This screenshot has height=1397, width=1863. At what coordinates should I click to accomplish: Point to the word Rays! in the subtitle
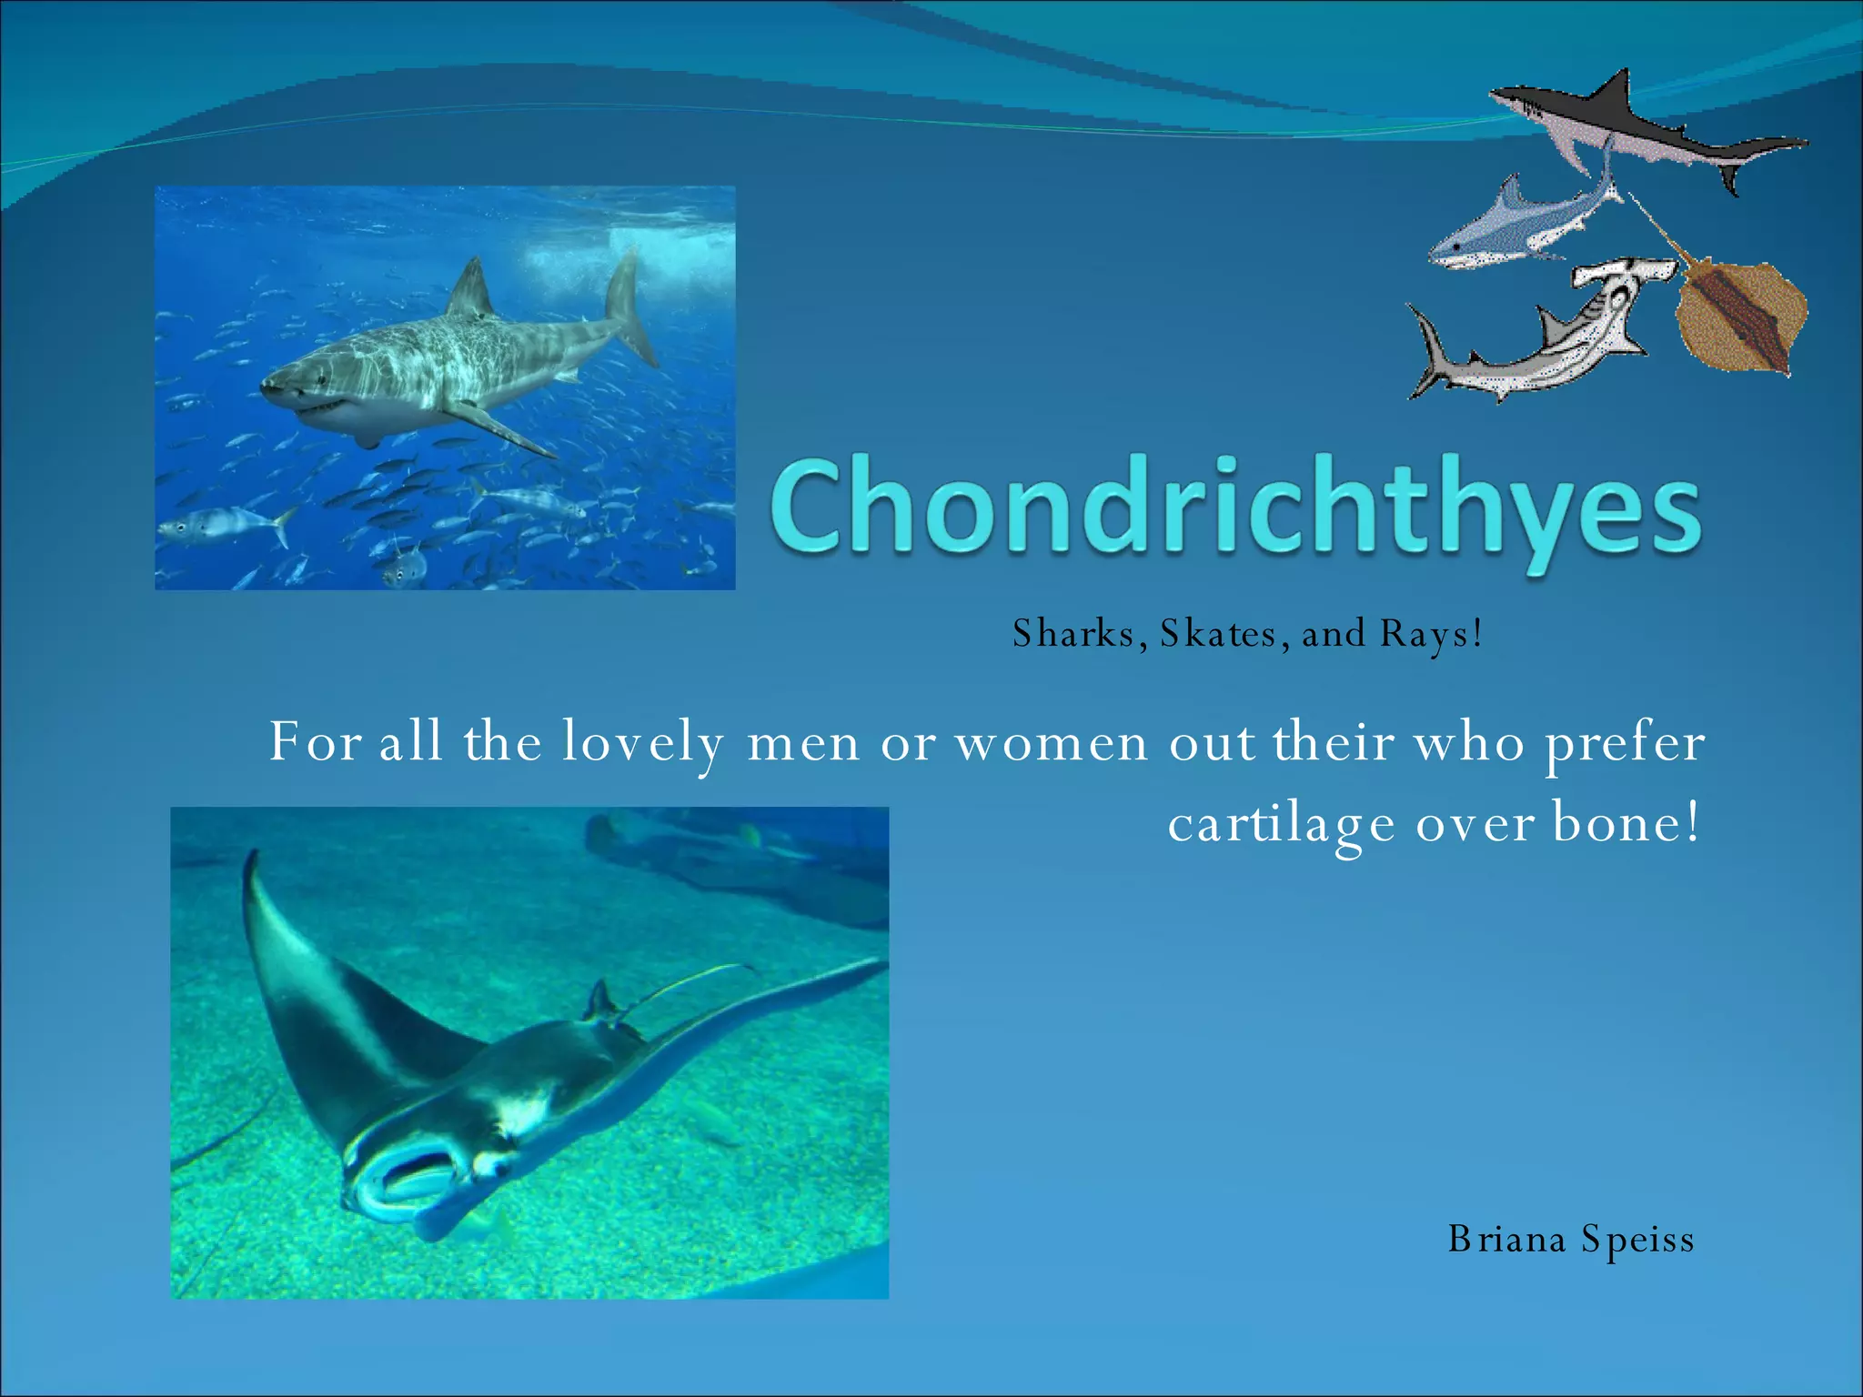tap(1430, 635)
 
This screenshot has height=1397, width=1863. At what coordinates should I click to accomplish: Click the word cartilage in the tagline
tap(1281, 826)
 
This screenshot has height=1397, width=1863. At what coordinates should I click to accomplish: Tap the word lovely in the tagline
tap(642, 744)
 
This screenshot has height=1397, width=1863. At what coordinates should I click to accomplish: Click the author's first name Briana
tap(1506, 1240)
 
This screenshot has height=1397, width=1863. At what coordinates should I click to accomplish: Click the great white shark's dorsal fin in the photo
tap(472, 289)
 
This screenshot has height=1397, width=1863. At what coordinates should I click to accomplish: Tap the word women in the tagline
tap(1051, 744)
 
